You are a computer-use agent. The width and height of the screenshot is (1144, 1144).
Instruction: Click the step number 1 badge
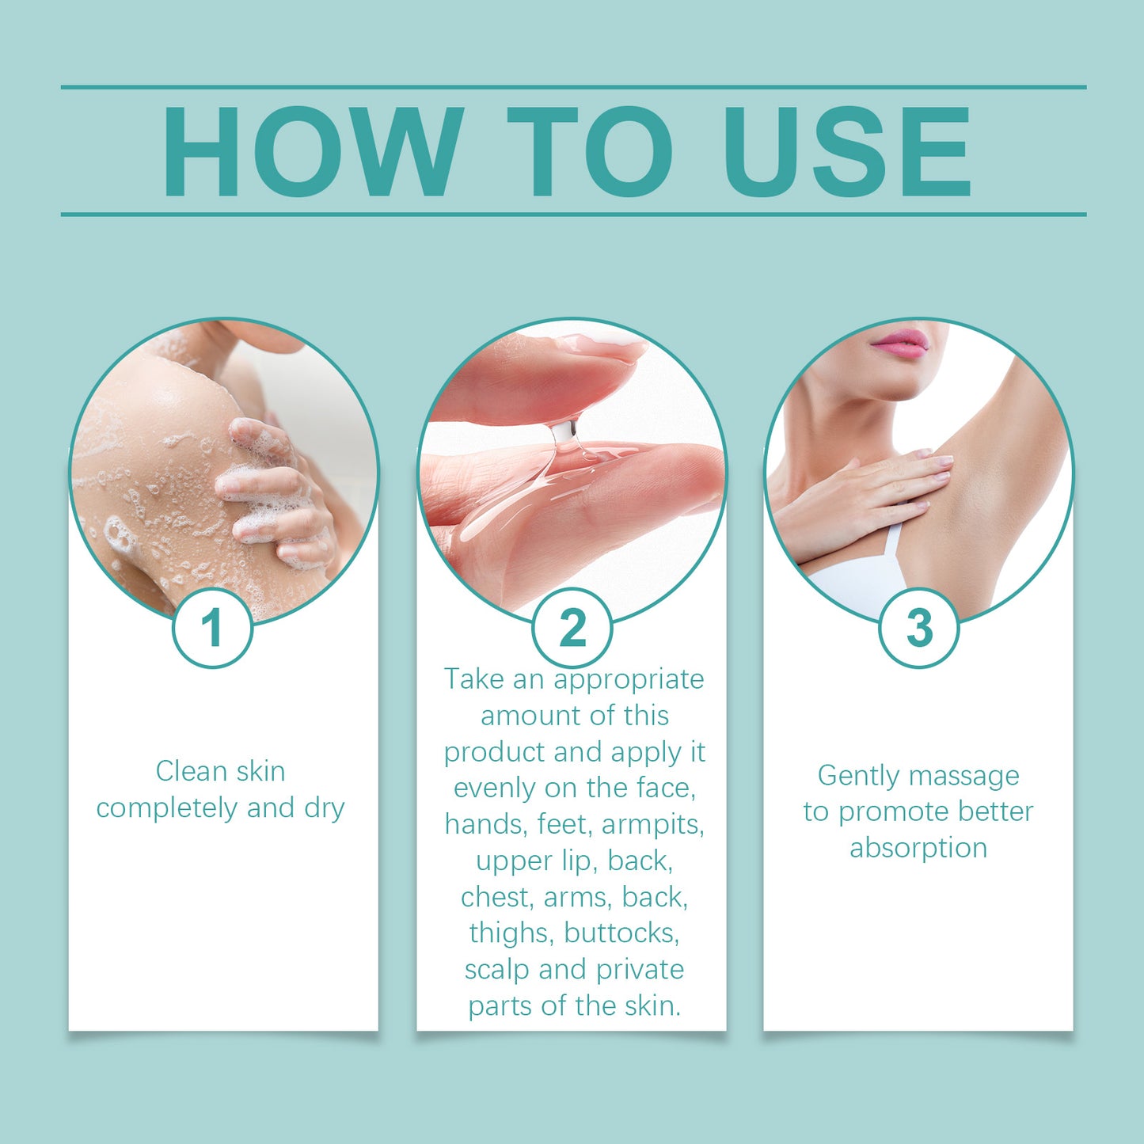pyautogui.click(x=212, y=628)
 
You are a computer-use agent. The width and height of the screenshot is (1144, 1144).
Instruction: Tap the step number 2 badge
pyautogui.click(x=572, y=628)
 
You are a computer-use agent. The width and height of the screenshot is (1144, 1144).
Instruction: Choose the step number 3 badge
pyautogui.click(x=918, y=628)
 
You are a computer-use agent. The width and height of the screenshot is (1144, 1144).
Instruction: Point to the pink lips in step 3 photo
pyautogui.click(x=900, y=344)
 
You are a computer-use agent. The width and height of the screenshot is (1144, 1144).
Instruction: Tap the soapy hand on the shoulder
pyautogui.click(x=273, y=491)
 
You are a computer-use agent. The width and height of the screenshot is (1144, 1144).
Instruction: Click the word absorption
pyautogui.click(x=918, y=848)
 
